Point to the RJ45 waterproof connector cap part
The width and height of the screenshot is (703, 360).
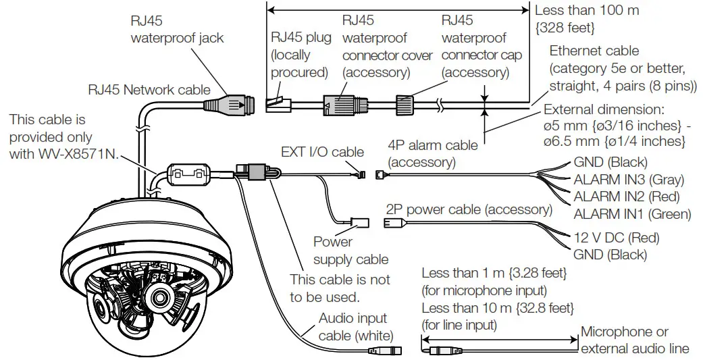pyautogui.click(x=404, y=104)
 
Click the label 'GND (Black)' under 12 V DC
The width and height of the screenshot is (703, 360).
pyautogui.click(x=610, y=255)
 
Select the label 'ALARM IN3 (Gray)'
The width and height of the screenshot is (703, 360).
pyautogui.click(x=629, y=180)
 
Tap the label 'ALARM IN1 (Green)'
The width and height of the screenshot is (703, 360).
pyautogui.click(x=632, y=214)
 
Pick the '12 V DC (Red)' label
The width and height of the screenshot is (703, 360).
pyautogui.click(x=616, y=238)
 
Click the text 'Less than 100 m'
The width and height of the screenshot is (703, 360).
pyautogui.click(x=586, y=10)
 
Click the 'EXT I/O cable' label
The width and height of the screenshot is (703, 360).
pyautogui.click(x=322, y=152)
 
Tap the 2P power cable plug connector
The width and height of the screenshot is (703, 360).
pyautogui.click(x=394, y=224)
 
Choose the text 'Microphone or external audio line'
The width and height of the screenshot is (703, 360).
pyautogui.click(x=635, y=340)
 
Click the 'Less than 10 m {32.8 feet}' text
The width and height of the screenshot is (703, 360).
pyautogui.click(x=498, y=308)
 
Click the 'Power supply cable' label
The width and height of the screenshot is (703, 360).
pyautogui.click(x=350, y=250)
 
